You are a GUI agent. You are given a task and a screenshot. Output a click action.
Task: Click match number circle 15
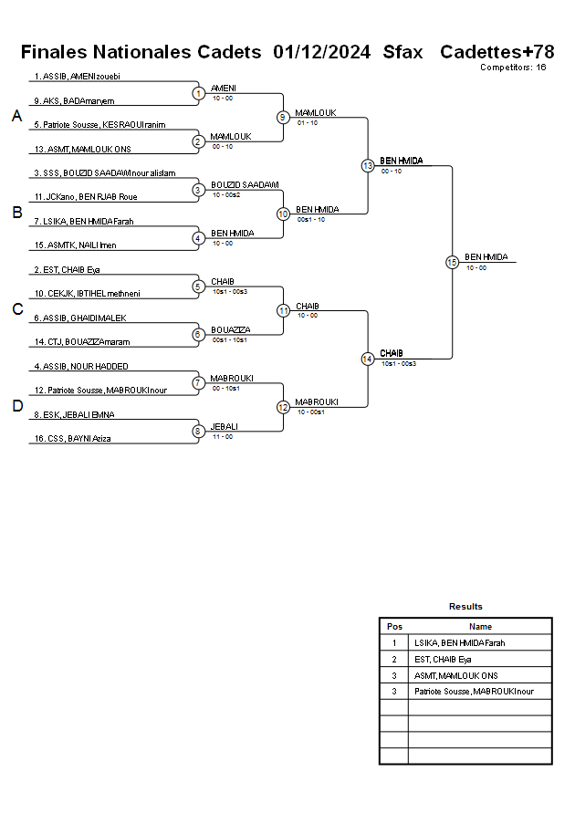click(x=452, y=262)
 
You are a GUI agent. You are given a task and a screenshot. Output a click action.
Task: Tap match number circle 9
click(x=283, y=117)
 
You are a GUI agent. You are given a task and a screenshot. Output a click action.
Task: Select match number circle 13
click(x=368, y=165)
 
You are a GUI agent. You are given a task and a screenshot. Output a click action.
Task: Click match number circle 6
click(x=198, y=334)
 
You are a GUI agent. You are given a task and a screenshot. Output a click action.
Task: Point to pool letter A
click(x=16, y=116)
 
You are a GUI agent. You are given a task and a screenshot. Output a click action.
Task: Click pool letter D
click(x=16, y=406)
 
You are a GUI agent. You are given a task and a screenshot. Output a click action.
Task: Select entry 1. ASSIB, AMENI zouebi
click(x=77, y=77)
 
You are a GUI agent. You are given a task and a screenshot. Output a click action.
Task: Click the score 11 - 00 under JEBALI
click(x=222, y=437)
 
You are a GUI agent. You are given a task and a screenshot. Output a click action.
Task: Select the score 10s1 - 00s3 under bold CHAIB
click(x=398, y=363)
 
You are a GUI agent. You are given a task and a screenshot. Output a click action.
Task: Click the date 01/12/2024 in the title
click(x=321, y=52)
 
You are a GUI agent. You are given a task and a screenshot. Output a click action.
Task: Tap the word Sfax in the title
click(x=403, y=52)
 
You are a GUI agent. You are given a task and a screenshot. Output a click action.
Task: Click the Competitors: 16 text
click(x=513, y=68)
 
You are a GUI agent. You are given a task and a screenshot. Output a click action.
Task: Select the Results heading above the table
click(x=465, y=607)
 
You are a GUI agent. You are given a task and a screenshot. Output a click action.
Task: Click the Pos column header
click(x=394, y=627)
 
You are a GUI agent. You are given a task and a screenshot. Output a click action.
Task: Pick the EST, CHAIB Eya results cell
click(x=443, y=659)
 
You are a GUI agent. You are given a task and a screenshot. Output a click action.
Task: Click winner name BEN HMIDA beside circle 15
click(x=486, y=257)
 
